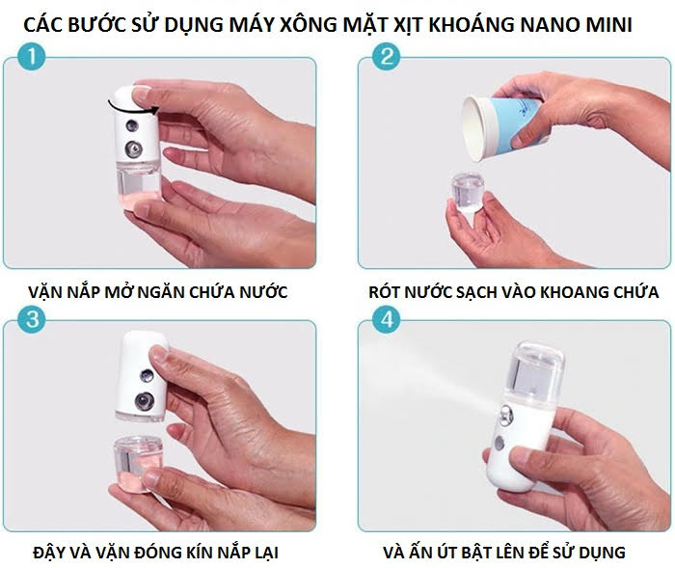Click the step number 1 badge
click(33, 60)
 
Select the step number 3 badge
click(33, 321)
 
